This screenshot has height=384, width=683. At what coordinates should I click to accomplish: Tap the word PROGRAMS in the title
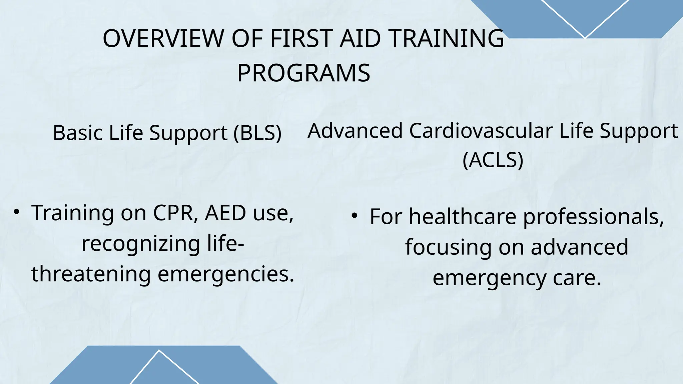(x=303, y=73)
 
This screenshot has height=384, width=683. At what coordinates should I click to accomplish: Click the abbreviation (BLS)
(x=257, y=133)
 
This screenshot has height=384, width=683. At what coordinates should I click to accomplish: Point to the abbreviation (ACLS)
(x=493, y=160)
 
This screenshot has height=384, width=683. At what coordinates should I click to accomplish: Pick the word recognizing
(x=141, y=244)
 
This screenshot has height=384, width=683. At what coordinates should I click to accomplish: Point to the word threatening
(x=91, y=274)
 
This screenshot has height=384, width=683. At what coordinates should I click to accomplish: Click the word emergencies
(x=226, y=274)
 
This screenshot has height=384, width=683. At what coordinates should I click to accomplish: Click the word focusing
(x=448, y=247)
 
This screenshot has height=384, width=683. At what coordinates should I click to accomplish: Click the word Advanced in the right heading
(x=355, y=131)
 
